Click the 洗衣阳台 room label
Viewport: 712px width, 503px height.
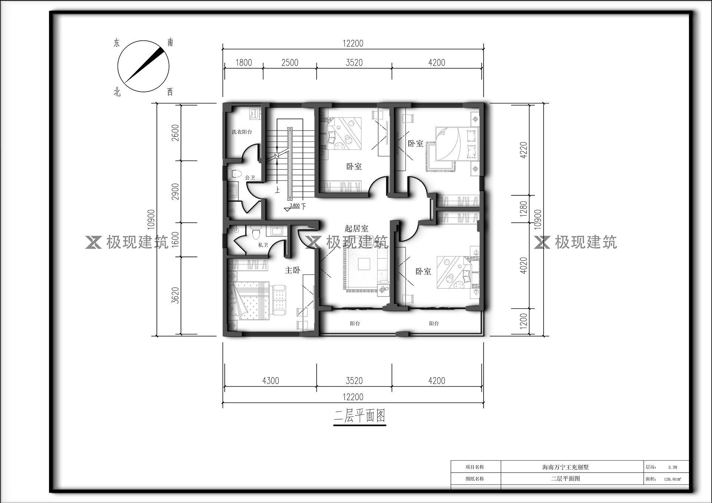(242, 132)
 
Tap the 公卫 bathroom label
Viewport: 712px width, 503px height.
(250, 178)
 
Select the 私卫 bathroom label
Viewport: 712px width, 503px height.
(263, 245)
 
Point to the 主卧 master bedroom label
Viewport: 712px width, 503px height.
(293, 270)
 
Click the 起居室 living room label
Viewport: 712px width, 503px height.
(356, 228)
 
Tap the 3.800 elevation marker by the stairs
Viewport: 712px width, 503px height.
(294, 205)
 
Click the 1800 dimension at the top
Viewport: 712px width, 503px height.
(244, 63)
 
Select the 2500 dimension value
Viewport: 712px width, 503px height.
(290, 63)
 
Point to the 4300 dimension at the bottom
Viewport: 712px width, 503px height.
(270, 381)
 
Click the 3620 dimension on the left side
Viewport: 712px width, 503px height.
(175, 295)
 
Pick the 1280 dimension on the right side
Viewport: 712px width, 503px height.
(523, 209)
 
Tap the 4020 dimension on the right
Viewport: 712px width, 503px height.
(523, 265)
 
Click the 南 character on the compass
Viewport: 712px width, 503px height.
(170, 42)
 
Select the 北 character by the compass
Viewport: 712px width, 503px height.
(117, 92)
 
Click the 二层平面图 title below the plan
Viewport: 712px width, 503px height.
(360, 416)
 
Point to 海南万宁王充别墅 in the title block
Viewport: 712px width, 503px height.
(566, 467)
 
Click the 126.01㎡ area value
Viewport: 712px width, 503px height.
(672, 479)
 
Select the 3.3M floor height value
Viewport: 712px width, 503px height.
(672, 467)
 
